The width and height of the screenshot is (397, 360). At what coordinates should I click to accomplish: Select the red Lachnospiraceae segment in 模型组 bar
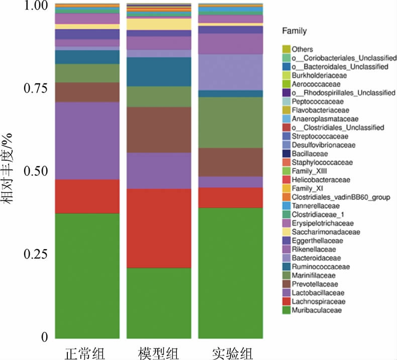click(x=159, y=228)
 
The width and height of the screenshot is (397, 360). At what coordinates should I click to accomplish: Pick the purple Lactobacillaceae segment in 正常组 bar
click(x=87, y=141)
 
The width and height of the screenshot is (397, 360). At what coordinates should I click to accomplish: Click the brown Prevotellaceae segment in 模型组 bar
click(x=159, y=130)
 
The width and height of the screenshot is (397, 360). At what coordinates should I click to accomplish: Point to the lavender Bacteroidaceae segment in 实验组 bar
click(x=230, y=72)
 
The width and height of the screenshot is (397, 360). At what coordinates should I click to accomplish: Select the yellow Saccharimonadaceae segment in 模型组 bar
click(x=159, y=24)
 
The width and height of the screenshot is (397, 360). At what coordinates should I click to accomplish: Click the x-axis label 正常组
click(x=85, y=351)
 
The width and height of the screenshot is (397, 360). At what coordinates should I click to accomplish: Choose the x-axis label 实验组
click(x=230, y=351)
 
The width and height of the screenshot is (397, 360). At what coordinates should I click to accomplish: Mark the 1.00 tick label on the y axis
click(x=35, y=6)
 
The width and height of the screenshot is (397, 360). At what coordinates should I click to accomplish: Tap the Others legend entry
click(x=303, y=49)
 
